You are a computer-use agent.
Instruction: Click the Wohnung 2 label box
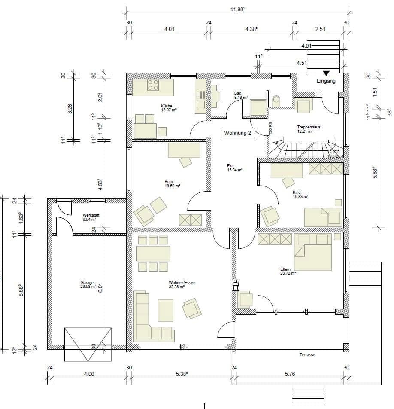[237, 133]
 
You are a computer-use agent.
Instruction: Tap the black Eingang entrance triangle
[326, 73]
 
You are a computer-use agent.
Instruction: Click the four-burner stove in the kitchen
[153, 85]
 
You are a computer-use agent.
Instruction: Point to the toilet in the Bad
[276, 101]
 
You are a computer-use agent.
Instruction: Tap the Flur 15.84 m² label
[235, 168]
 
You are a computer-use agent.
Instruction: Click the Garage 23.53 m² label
[87, 284]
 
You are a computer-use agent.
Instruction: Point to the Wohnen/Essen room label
[182, 284]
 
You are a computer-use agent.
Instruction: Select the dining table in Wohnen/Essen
[153, 253]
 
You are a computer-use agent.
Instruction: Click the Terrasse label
[308, 355]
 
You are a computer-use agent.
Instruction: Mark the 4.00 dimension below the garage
[89, 374]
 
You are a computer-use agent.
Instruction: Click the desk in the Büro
[184, 150]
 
